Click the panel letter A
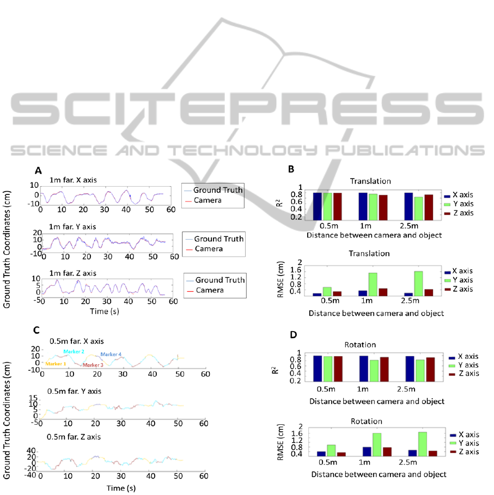[x=38, y=170]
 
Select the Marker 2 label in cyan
[x=74, y=352]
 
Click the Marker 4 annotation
[x=111, y=355]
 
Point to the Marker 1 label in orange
[x=56, y=364]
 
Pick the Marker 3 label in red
[x=93, y=365]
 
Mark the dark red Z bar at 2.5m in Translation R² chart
[x=429, y=207]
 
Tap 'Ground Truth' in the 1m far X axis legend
[x=217, y=190]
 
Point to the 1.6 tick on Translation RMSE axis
[x=297, y=270]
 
